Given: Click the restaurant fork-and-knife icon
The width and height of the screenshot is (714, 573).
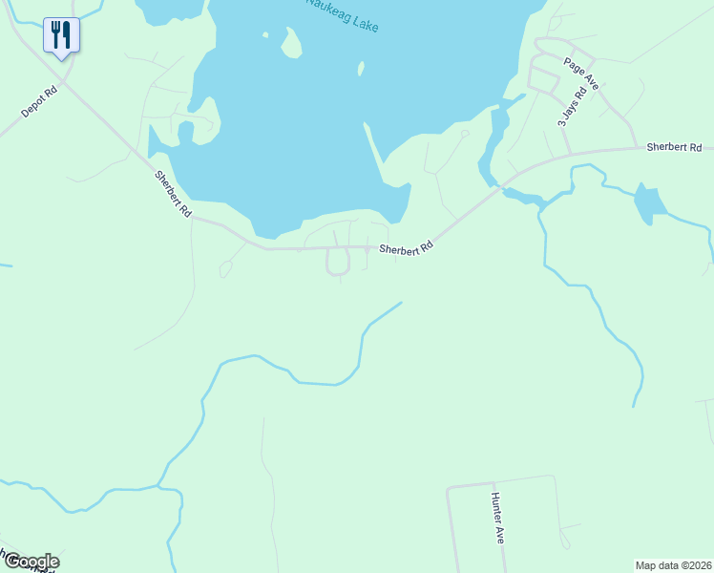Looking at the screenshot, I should (x=61, y=35).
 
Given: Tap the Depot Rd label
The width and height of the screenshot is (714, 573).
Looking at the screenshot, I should (x=39, y=103).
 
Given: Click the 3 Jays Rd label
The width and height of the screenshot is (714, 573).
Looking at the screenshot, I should (x=566, y=110).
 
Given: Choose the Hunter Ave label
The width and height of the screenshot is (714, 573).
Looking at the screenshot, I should (x=496, y=519).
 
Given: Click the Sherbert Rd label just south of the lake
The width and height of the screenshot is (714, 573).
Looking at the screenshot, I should (x=406, y=247).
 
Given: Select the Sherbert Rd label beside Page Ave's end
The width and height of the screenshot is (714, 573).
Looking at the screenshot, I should (x=674, y=147).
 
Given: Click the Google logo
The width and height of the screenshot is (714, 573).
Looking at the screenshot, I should (x=31, y=562).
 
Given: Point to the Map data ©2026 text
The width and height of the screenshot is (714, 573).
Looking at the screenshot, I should (x=673, y=564).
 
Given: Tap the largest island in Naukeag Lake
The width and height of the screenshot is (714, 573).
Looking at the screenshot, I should (x=291, y=43).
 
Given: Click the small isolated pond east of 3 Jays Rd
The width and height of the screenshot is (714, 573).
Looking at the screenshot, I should (x=649, y=202).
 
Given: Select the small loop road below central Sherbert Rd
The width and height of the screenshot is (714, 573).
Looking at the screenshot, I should (x=338, y=261).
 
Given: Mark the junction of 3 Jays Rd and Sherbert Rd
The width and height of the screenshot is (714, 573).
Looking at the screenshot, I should (x=571, y=154).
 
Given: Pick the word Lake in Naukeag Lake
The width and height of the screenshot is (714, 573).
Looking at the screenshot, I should (x=363, y=22).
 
